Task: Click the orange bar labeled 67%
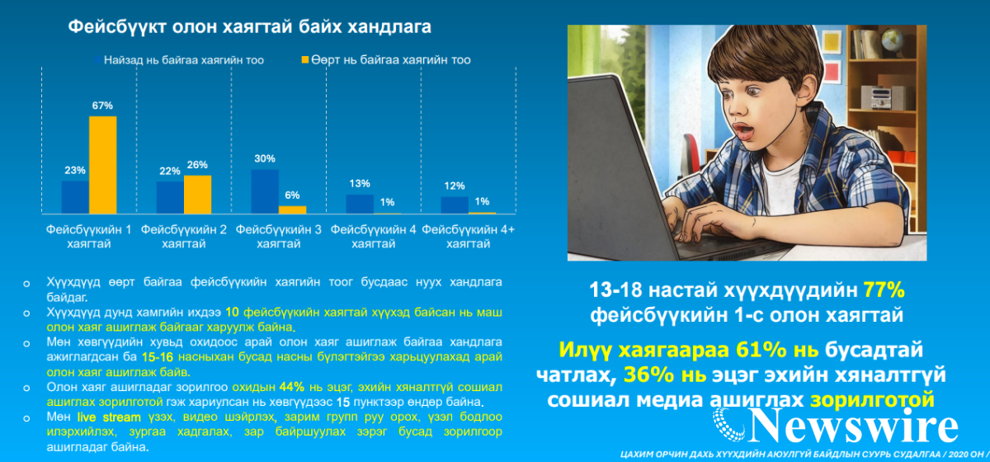tap(103, 165)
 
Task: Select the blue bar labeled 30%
tap(265, 191)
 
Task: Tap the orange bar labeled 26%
tap(197, 195)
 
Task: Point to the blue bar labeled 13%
tap(360, 205)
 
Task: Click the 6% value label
tap(292, 195)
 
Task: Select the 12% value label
tap(455, 186)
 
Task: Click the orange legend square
tap(305, 59)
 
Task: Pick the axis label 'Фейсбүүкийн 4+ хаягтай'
tap(468, 237)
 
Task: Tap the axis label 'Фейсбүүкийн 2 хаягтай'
tap(183, 237)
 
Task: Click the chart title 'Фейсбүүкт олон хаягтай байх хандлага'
tap(250, 27)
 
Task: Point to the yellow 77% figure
tap(884, 290)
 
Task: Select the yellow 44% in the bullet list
tap(292, 387)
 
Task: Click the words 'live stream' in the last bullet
tap(109, 417)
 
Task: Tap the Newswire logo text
tap(854, 426)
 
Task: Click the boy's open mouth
tap(743, 131)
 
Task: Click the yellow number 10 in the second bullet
tap(232, 313)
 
